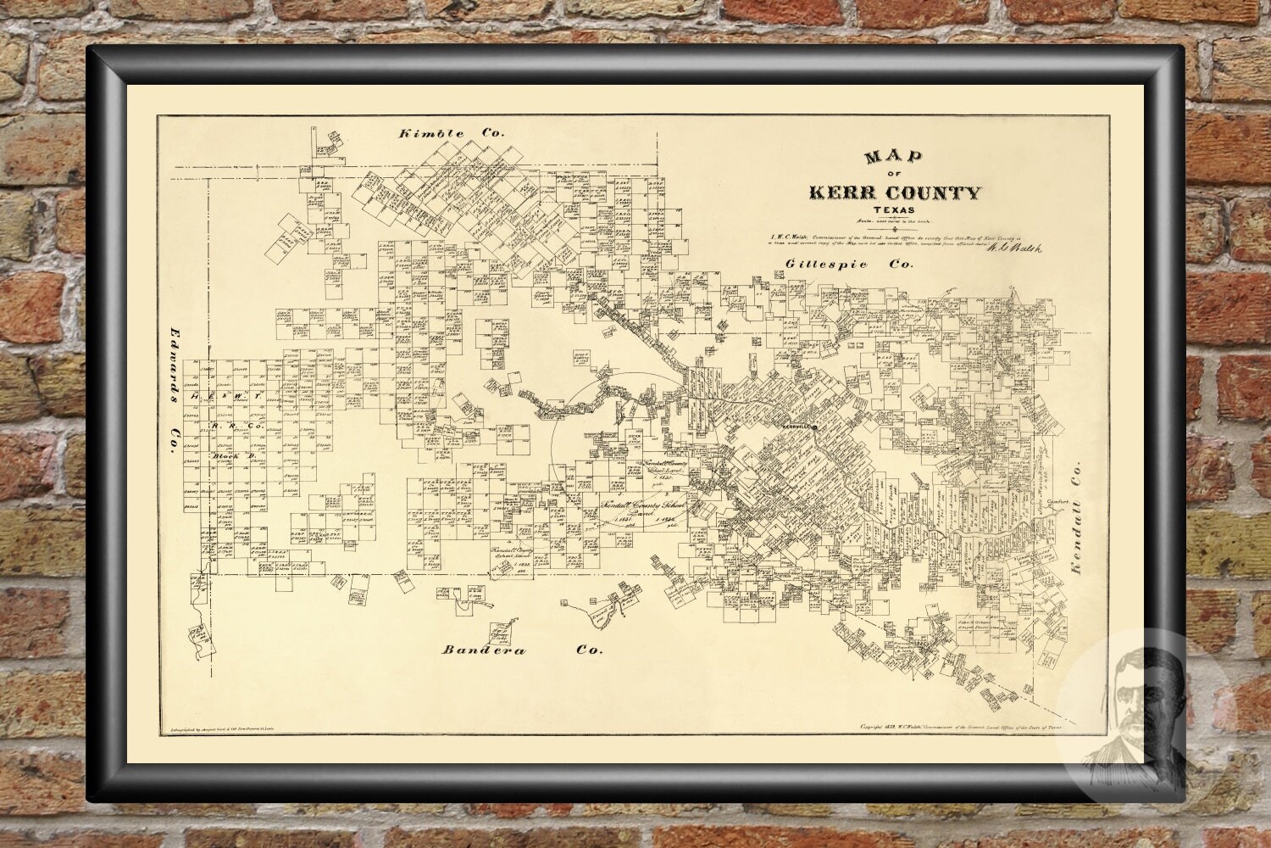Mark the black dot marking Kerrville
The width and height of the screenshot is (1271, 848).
click(x=814, y=428)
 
